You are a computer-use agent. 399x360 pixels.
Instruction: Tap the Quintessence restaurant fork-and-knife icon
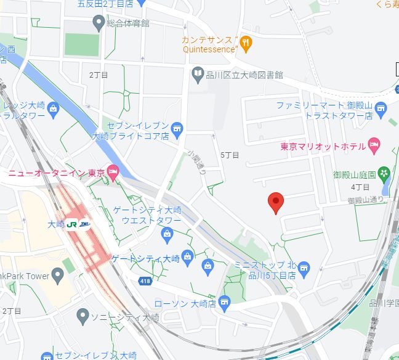(x=246, y=43)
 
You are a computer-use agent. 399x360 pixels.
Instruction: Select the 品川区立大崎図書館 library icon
(x=197, y=75)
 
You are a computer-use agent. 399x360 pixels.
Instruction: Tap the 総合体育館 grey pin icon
(x=98, y=23)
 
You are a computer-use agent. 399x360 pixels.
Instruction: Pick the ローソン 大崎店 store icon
(x=224, y=302)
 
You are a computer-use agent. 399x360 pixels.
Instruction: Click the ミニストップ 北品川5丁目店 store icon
(x=303, y=268)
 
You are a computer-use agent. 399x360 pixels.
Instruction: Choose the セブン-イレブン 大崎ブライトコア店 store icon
(x=177, y=128)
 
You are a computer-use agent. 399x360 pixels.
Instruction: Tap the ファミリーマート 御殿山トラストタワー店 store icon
(x=381, y=110)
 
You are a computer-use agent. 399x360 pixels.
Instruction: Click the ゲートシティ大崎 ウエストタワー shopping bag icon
(x=166, y=234)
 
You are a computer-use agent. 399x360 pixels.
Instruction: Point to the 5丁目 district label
(x=229, y=155)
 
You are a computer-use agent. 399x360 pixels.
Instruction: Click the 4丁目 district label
(x=360, y=187)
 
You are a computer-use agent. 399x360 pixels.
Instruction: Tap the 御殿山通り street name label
(x=366, y=200)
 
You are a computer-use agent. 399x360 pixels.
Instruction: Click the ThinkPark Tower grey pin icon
(x=58, y=276)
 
